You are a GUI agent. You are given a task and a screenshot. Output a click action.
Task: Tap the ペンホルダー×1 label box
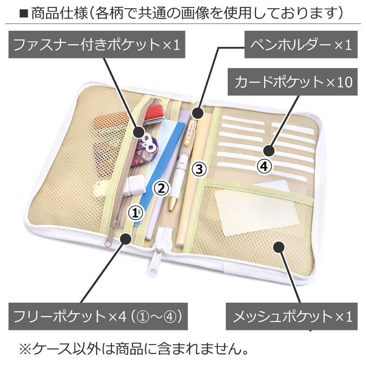pos(300,45)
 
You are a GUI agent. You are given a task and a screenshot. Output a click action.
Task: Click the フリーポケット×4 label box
pos(98,317)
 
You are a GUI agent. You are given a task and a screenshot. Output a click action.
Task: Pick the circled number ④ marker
pos(264,167)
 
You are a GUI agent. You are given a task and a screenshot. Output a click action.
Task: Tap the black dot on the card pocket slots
pos(269,150)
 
